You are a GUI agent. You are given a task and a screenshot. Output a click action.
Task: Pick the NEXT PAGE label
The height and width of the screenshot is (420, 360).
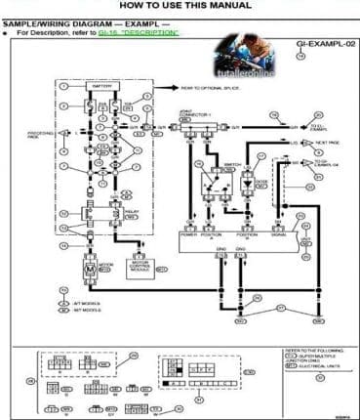(328, 143)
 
